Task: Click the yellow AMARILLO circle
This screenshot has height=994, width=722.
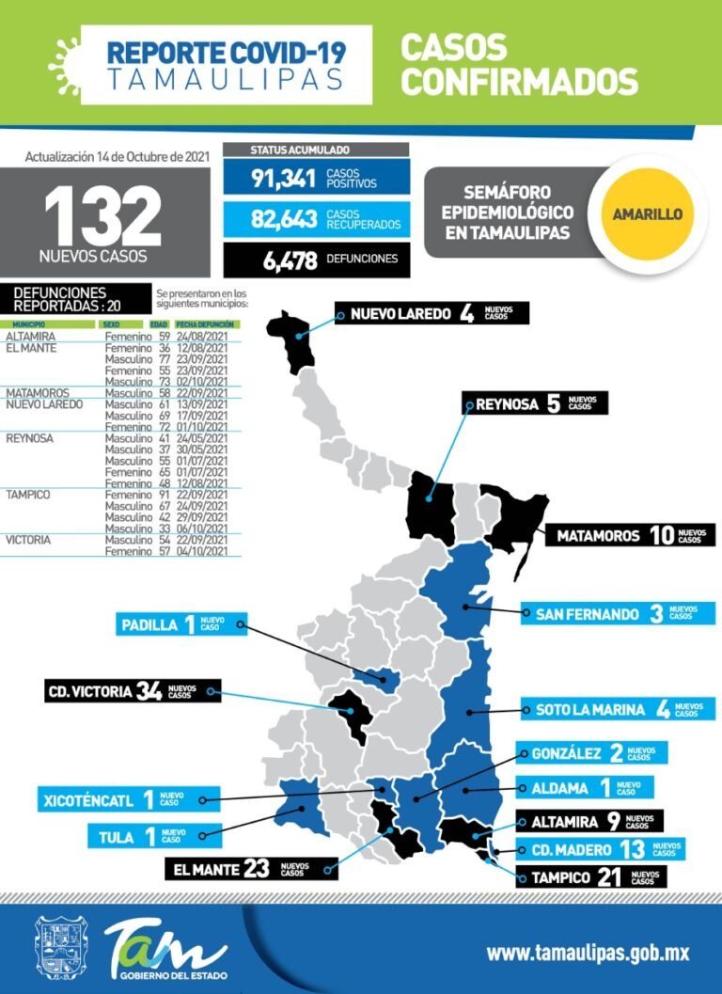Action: (647, 213)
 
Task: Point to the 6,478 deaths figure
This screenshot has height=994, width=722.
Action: (290, 260)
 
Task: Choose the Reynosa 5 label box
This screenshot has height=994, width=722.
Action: (535, 404)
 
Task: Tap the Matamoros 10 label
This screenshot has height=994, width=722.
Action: (629, 536)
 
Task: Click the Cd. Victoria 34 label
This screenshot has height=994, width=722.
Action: (132, 692)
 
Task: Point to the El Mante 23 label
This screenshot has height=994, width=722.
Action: (250, 869)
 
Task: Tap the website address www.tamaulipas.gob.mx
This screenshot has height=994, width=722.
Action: (587, 953)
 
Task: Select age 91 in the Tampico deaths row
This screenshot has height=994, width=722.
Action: (164, 495)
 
